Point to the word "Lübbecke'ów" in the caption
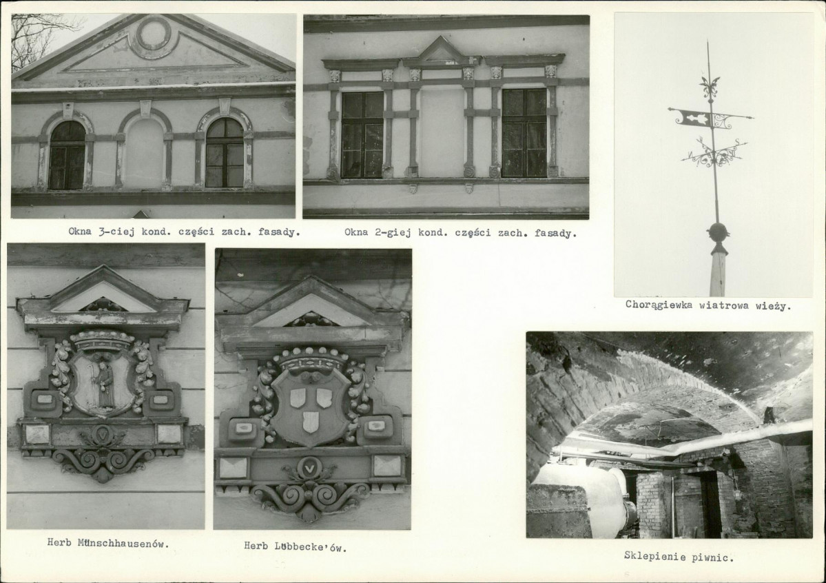click(x=311, y=546)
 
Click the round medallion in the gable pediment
click(x=154, y=35)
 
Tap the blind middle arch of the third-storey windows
click(x=145, y=152)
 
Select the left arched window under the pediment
click(x=67, y=155)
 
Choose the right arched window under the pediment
click(x=225, y=152)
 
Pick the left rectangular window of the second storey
click(x=362, y=135)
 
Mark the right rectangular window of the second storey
click(x=524, y=133)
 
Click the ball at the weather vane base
click(x=717, y=232)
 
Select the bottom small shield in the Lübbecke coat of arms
click(x=311, y=422)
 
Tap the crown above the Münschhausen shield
click(x=102, y=340)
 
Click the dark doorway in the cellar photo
click(x=711, y=504)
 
